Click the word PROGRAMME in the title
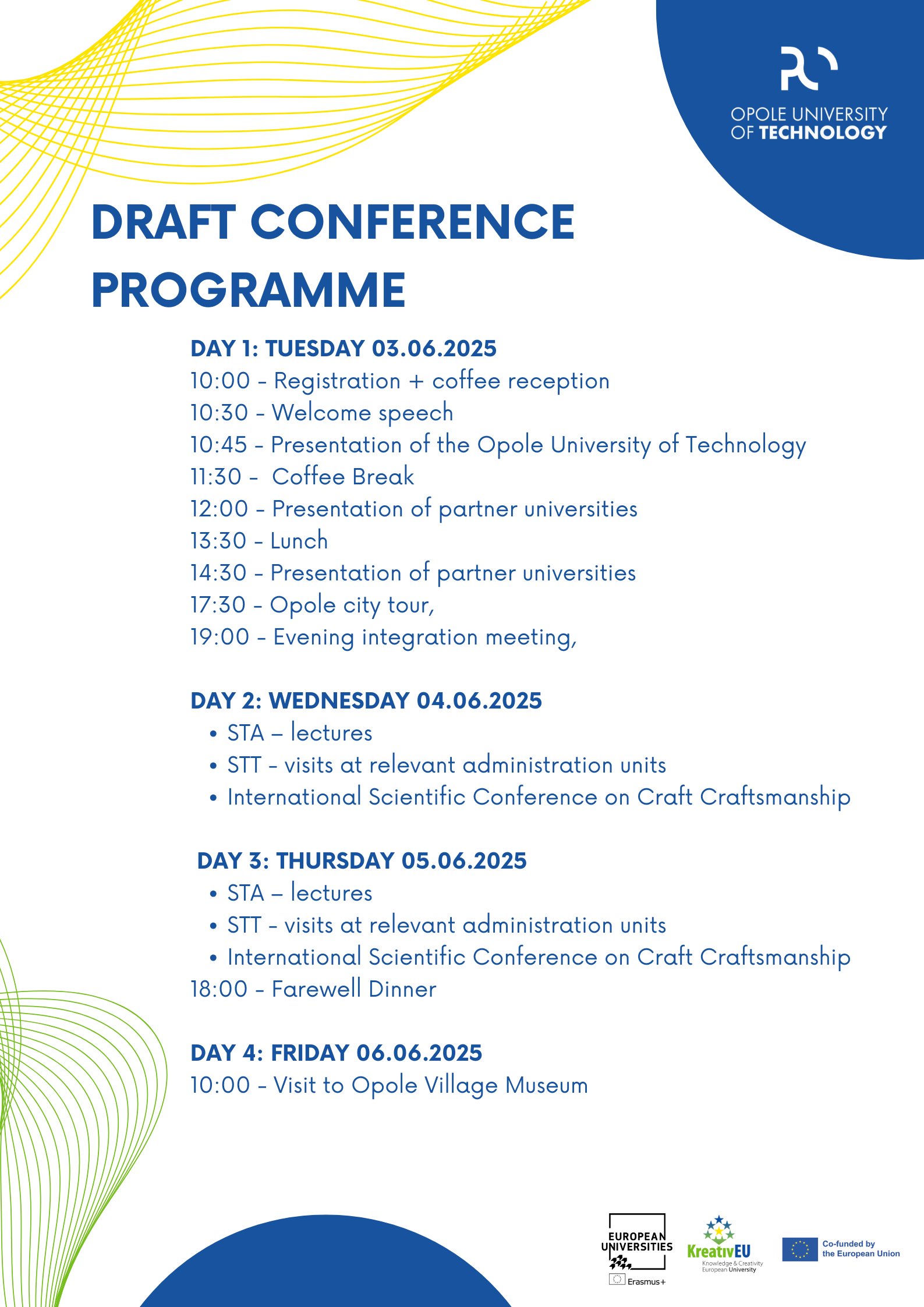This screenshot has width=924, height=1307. [249, 290]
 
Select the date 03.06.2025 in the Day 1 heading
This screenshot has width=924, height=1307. [434, 349]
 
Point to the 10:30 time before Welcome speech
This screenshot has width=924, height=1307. [220, 413]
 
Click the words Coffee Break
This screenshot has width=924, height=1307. [343, 477]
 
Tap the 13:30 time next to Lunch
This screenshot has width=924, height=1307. [219, 541]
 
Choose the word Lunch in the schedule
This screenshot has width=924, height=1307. [299, 541]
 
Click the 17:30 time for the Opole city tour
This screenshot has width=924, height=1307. [218, 605]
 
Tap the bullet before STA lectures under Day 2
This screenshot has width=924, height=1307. [214, 734]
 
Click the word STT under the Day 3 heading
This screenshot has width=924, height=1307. [244, 925]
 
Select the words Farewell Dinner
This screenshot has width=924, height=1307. [354, 989]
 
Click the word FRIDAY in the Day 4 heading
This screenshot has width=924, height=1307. [310, 1053]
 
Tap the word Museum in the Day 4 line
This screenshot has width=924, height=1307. [547, 1085]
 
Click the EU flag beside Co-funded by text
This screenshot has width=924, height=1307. [800, 1249]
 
